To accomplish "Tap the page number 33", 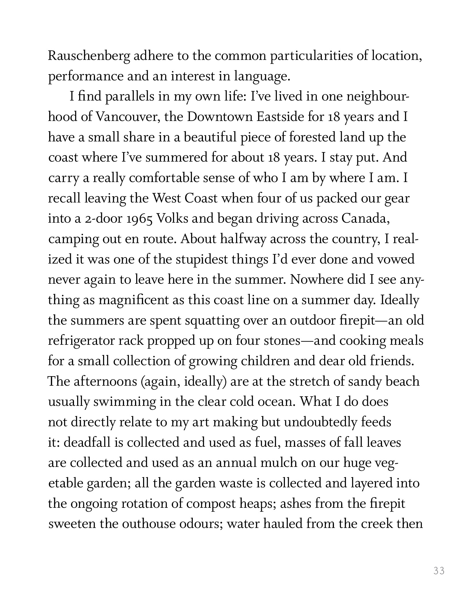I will click(x=439, y=571).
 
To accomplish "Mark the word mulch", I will click(x=278, y=463).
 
